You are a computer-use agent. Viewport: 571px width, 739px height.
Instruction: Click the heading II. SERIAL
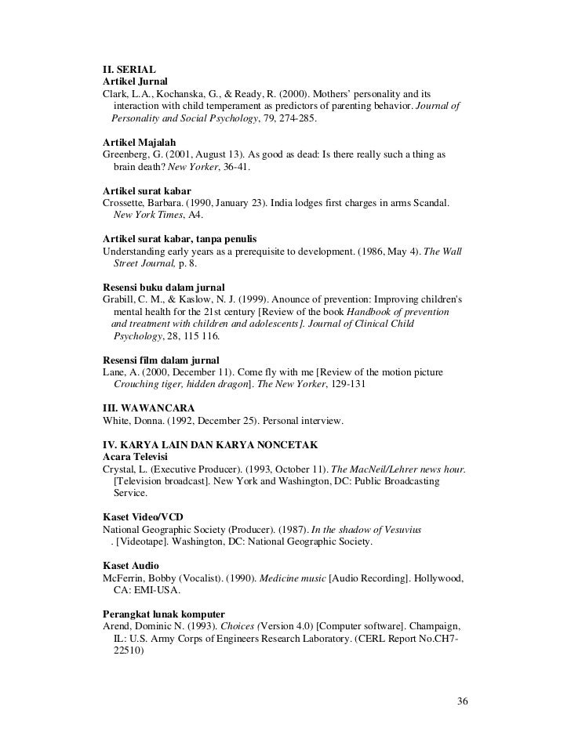click(129, 69)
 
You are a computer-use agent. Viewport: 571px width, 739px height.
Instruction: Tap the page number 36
click(463, 700)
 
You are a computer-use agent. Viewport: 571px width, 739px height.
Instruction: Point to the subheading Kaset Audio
click(131, 565)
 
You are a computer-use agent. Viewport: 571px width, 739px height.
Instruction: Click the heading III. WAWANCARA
click(149, 408)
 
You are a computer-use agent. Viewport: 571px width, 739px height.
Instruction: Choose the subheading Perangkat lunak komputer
click(164, 614)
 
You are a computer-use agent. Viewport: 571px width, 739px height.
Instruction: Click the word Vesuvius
click(399, 529)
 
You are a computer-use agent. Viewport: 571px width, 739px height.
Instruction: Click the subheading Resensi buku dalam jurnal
click(164, 287)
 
